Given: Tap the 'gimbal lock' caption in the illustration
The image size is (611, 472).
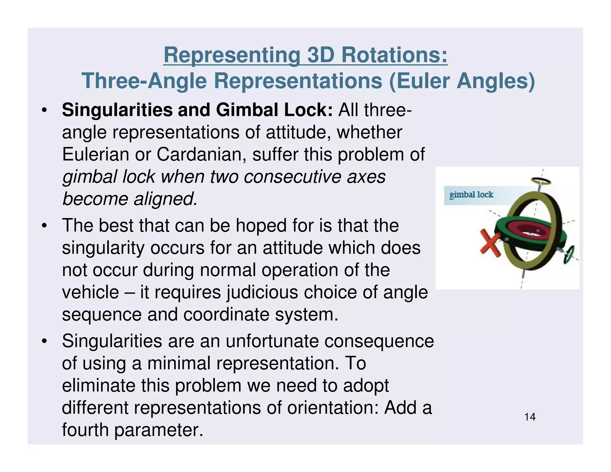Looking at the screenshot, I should tap(471, 195).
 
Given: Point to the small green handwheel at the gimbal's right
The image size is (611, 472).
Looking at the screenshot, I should tap(569, 254).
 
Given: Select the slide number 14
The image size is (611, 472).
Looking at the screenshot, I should tap(530, 417).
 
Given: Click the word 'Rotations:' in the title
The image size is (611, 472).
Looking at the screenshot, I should tap(394, 55).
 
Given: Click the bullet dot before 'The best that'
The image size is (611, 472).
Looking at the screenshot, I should tap(44, 226).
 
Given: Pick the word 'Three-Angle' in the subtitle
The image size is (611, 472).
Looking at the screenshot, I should tap(144, 81).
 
